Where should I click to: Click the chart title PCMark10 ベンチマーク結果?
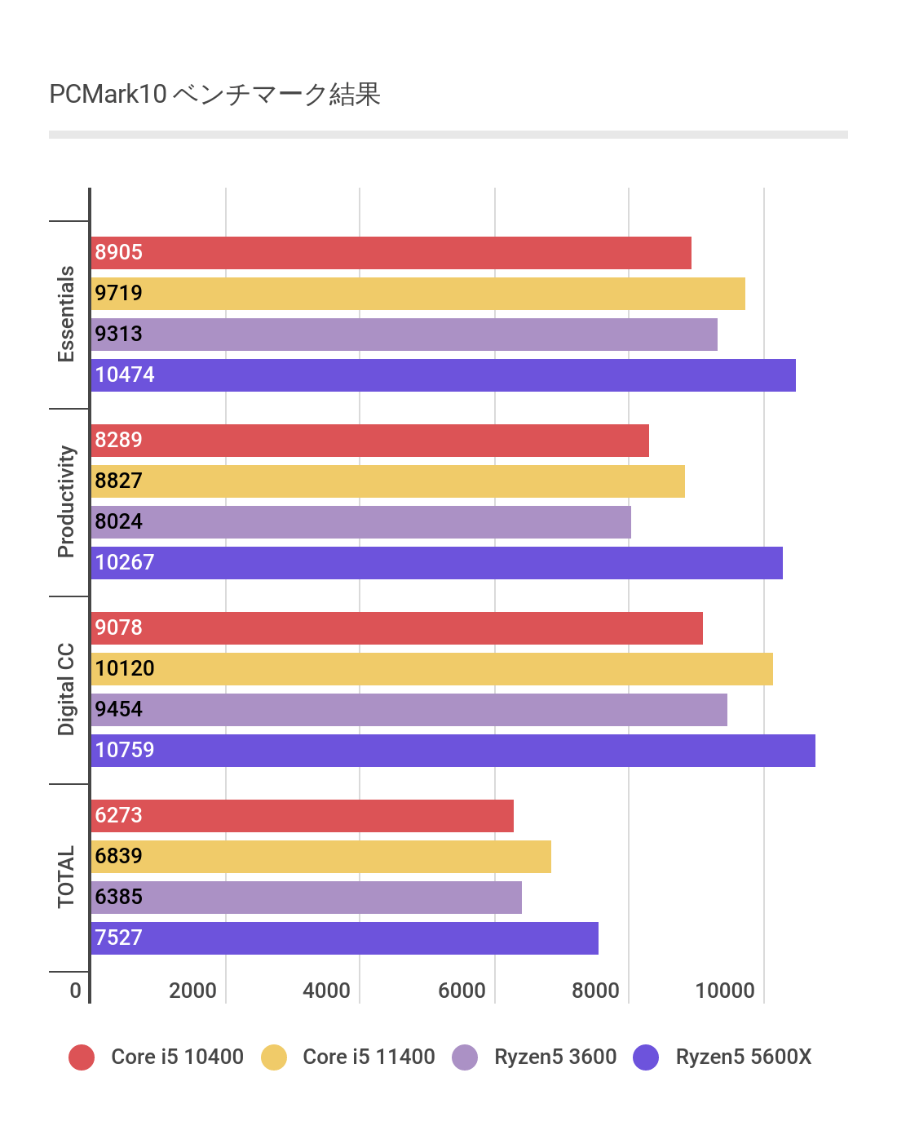[214, 95]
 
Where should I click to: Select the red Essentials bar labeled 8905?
[391, 253]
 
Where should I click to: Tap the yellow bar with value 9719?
[418, 294]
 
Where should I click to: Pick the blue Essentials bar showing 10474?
[443, 375]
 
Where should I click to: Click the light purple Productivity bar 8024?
[360, 522]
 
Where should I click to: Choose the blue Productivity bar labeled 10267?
[436, 563]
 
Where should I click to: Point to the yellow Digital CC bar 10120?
[431, 669]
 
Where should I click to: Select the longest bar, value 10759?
[453, 751]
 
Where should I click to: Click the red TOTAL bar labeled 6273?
[302, 816]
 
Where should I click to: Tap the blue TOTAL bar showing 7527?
[344, 938]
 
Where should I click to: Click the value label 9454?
[119, 709]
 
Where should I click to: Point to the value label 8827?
[119, 481]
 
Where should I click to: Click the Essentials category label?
[66, 314]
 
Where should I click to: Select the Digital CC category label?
[66, 689]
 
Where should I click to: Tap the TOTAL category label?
[66, 877]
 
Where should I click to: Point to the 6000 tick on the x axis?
[462, 991]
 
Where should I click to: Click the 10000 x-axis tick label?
[725, 991]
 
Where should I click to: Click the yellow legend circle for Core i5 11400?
[274, 1057]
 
